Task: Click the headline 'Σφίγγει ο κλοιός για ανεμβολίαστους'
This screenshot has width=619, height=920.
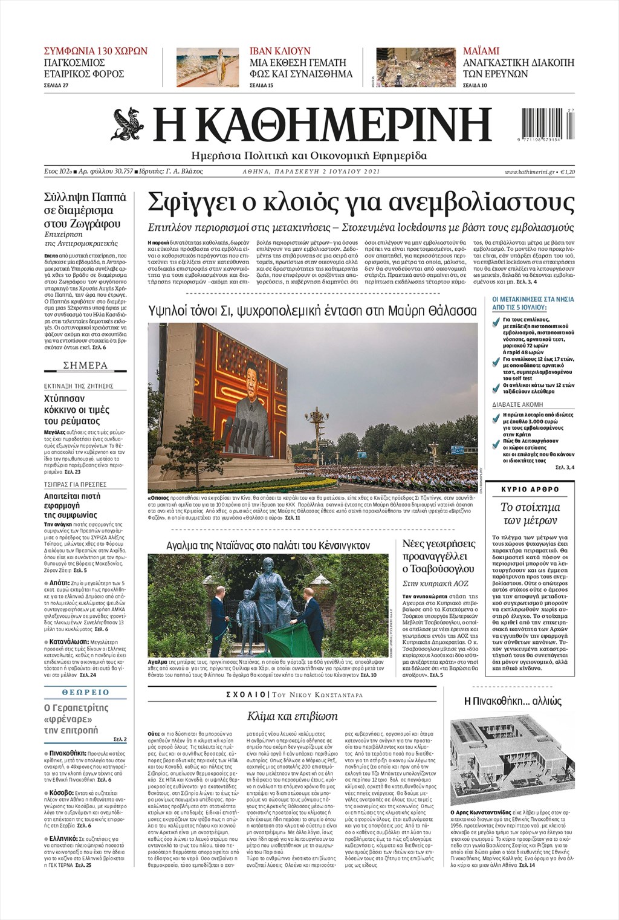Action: point(361,203)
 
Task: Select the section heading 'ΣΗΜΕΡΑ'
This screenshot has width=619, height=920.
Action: point(85,366)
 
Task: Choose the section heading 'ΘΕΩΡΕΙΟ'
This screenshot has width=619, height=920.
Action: point(85,692)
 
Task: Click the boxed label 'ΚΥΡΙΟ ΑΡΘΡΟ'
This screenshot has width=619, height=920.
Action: point(531,489)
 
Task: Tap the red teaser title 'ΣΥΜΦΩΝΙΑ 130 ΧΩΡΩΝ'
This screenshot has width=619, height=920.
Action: point(96,51)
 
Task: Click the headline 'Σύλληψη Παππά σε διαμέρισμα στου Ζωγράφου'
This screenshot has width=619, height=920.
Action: point(85,210)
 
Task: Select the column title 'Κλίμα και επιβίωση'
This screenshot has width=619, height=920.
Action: point(292,716)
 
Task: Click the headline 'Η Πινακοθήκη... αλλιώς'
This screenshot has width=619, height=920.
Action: point(513,701)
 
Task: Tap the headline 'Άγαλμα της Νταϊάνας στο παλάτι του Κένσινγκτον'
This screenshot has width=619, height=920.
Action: point(268,545)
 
